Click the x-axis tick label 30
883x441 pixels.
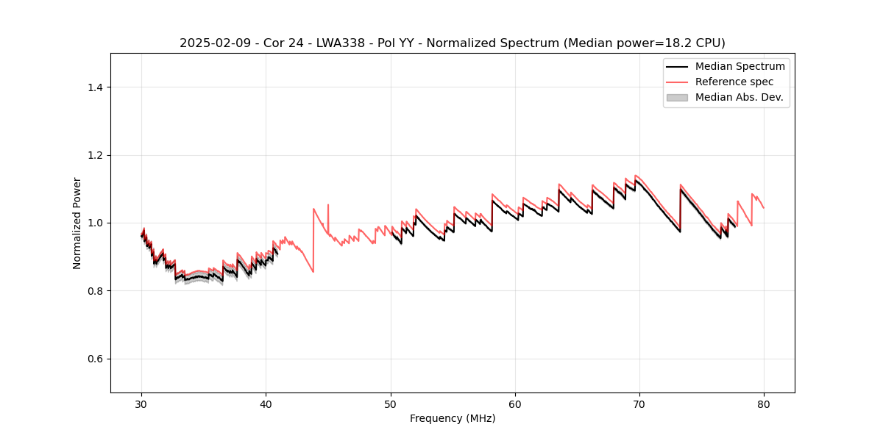coord(142,404)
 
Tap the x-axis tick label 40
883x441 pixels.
coord(266,404)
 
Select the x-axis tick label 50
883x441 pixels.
coord(391,404)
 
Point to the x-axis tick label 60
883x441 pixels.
coord(515,404)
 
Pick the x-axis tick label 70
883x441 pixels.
coord(639,404)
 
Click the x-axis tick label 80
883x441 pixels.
coord(764,404)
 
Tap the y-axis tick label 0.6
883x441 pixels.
coord(95,359)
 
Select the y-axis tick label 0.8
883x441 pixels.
coord(95,291)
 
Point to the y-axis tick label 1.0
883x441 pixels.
coord(95,223)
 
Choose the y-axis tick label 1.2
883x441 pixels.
coord(95,155)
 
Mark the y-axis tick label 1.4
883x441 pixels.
coord(95,87)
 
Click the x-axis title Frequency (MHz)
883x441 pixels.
coord(453,418)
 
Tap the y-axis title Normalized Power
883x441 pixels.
coord(77,223)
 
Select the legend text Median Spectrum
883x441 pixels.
coord(740,66)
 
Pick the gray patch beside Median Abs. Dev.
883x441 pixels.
coord(677,97)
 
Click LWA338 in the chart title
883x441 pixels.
coord(344,43)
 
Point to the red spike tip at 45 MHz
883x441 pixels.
coord(328,204)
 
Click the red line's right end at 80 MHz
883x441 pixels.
coord(764,208)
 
